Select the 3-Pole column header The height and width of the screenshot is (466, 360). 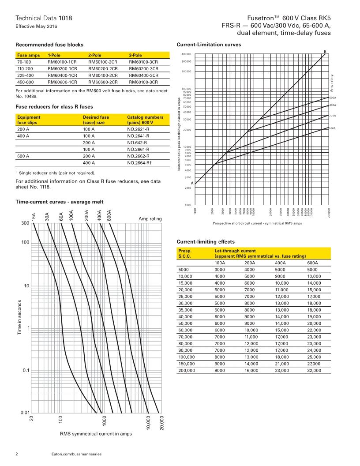click(135, 55)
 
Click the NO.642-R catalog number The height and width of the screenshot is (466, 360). click(138, 143)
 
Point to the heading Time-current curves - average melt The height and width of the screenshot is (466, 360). click(59, 202)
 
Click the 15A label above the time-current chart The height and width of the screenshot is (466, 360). click(34, 217)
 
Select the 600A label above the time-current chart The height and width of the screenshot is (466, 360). click(109, 215)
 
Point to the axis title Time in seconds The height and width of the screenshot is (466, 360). click(20, 317)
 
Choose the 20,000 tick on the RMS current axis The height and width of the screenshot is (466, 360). click(161, 423)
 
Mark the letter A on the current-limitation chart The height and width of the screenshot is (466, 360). click(192, 183)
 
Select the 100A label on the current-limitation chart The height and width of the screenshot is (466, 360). click(333, 128)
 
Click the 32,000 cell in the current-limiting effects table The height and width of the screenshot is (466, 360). click(314, 371)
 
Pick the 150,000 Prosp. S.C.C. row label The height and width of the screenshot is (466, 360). click(187, 364)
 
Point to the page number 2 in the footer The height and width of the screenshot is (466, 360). click(17, 454)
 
